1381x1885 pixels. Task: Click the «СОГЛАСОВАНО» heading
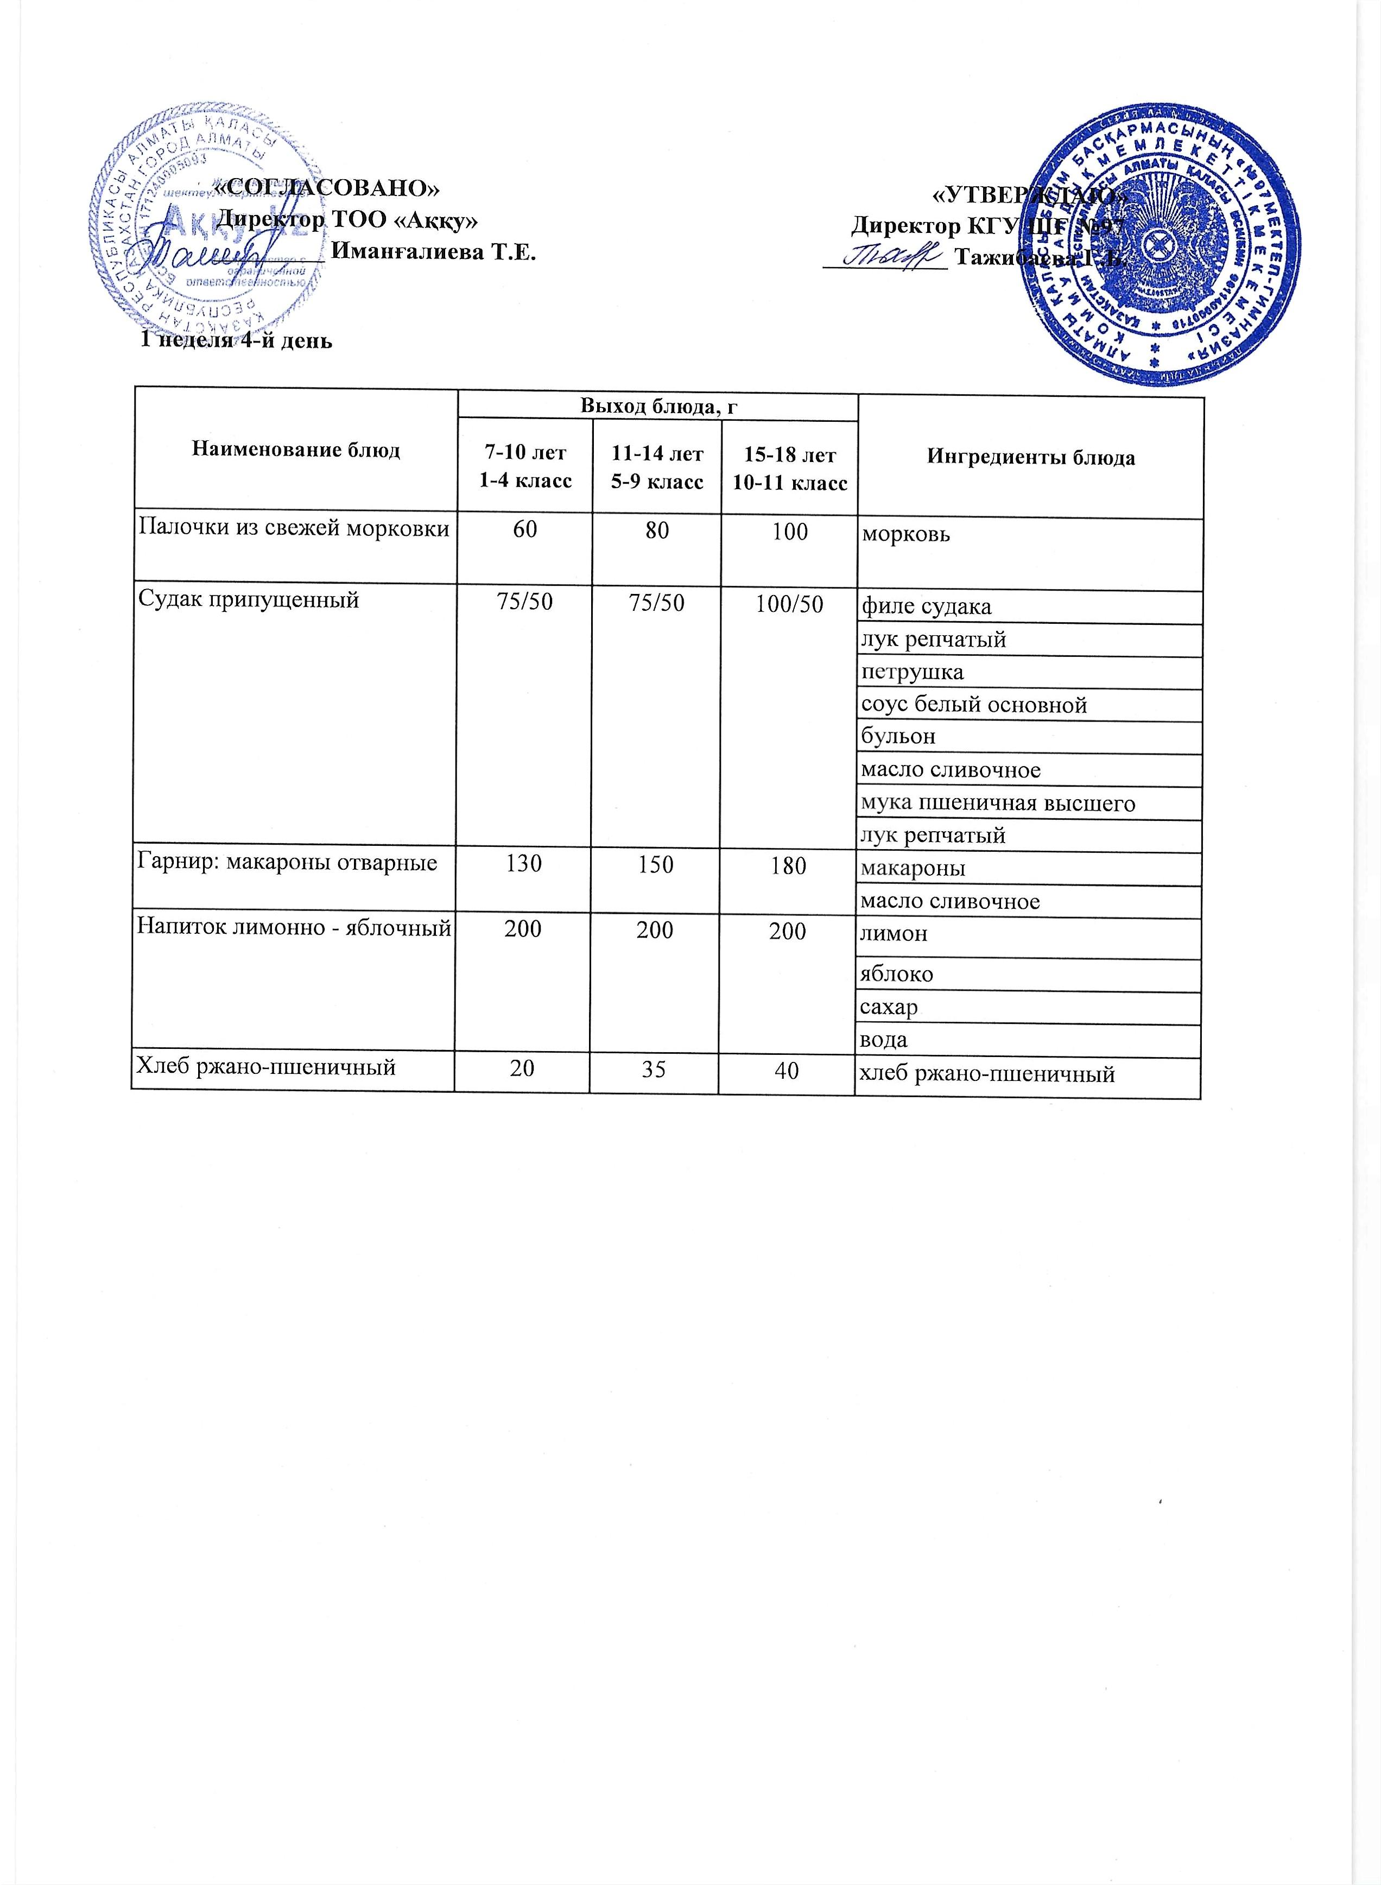327,187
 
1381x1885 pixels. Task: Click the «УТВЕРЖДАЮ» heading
1028,195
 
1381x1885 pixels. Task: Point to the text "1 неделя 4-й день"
236,340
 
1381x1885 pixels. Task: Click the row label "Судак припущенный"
248,599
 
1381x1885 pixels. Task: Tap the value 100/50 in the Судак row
789,602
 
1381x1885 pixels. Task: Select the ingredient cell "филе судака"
926,607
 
